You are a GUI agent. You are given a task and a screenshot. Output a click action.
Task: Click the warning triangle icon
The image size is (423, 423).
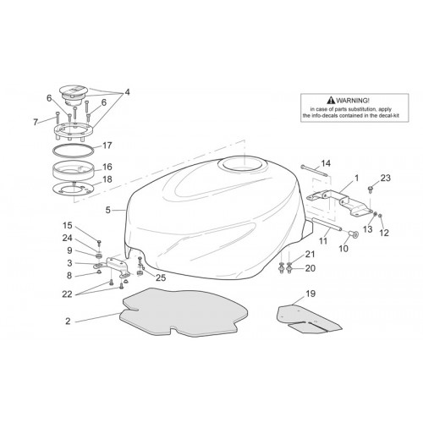pyautogui.click(x=331, y=100)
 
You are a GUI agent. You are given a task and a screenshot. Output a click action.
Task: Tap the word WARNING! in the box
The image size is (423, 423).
pyautogui.click(x=353, y=100)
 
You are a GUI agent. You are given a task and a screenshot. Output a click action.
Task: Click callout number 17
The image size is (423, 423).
pyautogui.click(x=107, y=146)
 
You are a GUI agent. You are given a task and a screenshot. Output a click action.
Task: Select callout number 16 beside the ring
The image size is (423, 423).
pyautogui.click(x=107, y=167)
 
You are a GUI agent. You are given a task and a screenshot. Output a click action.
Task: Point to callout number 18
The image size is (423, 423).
pyautogui.click(x=107, y=179)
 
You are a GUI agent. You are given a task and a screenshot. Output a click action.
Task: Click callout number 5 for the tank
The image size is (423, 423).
pyautogui.click(x=107, y=210)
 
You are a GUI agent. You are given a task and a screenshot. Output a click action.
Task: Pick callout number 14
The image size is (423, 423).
pyautogui.click(x=326, y=163)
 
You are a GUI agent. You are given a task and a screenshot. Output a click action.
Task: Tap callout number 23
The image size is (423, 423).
pyautogui.click(x=386, y=178)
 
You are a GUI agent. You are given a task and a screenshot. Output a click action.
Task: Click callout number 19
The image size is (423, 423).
pyautogui.click(x=310, y=294)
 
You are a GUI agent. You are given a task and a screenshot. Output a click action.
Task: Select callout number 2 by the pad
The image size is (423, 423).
pyautogui.click(x=68, y=321)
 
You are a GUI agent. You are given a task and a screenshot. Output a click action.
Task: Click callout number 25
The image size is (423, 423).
pyautogui.click(x=161, y=277)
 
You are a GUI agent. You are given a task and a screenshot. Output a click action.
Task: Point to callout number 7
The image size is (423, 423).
pyautogui.click(x=36, y=123)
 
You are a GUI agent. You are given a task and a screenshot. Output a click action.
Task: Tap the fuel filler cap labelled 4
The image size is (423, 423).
pyautogui.click(x=73, y=95)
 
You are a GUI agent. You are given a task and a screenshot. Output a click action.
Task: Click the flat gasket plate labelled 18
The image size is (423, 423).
pyautogui.click(x=73, y=189)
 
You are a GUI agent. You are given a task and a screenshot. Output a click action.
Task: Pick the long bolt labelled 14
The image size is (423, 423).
pyautogui.click(x=315, y=171)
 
